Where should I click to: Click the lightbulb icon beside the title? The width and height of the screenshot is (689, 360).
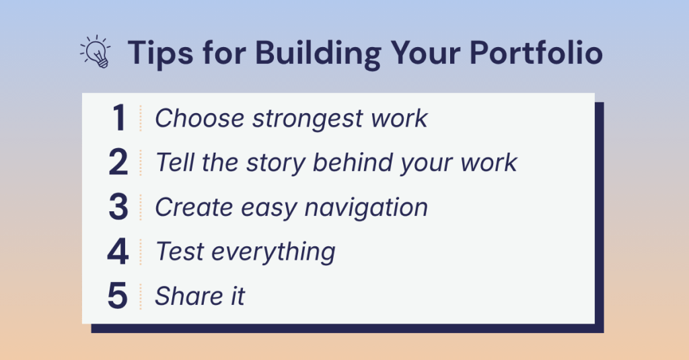pyautogui.click(x=96, y=52)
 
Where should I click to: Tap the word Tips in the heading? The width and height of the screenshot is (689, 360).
pyautogui.click(x=160, y=53)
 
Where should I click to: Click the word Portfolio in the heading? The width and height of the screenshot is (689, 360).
pyautogui.click(x=536, y=52)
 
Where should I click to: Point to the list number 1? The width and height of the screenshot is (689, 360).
pyautogui.click(x=118, y=118)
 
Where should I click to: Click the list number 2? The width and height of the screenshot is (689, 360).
pyautogui.click(x=118, y=162)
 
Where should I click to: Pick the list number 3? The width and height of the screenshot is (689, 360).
pyautogui.click(x=118, y=207)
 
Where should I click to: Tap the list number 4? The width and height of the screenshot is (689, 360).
pyautogui.click(x=118, y=252)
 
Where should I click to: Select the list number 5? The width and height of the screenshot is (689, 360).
pyautogui.click(x=118, y=296)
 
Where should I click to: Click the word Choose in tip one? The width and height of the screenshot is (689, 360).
pyautogui.click(x=199, y=118)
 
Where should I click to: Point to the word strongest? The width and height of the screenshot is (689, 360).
pyautogui.click(x=307, y=120)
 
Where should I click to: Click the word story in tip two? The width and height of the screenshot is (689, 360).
pyautogui.click(x=275, y=164)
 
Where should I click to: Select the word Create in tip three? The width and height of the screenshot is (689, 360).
pyautogui.click(x=194, y=207)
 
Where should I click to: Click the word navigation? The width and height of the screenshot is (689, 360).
pyautogui.click(x=366, y=208)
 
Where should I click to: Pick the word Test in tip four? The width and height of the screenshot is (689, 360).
pyautogui.click(x=180, y=252)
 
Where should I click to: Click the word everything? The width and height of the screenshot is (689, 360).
pyautogui.click(x=273, y=252)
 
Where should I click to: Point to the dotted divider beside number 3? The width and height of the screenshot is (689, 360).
pyautogui.click(x=141, y=207)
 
